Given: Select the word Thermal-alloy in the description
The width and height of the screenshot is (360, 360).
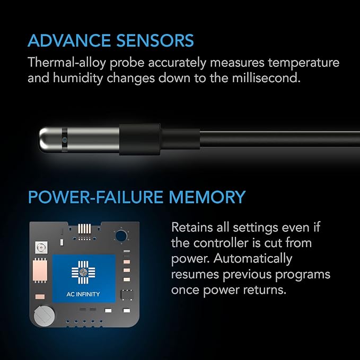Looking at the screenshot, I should point(62,63).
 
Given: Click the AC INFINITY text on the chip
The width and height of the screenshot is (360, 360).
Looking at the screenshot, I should point(84,294).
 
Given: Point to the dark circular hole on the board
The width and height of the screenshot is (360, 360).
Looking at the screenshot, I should point(122,235).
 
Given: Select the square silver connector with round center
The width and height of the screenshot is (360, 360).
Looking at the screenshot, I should point(39,247).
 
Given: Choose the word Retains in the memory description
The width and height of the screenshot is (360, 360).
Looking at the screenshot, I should point(192,227).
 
